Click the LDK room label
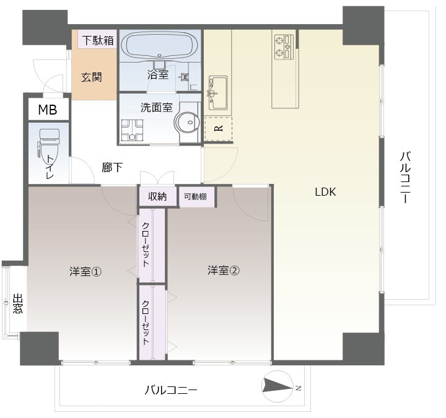tap(325, 192)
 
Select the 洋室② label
tap(223, 270)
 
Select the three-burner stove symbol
tap(284, 47)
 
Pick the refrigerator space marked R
tap(218, 129)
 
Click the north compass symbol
tap(278, 385)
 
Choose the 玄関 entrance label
tap(92, 77)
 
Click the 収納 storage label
tap(157, 197)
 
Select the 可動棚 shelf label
tap(195, 197)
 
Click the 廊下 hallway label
tap(112, 167)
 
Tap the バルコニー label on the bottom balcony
tap(171, 390)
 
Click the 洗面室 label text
tap(156, 107)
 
